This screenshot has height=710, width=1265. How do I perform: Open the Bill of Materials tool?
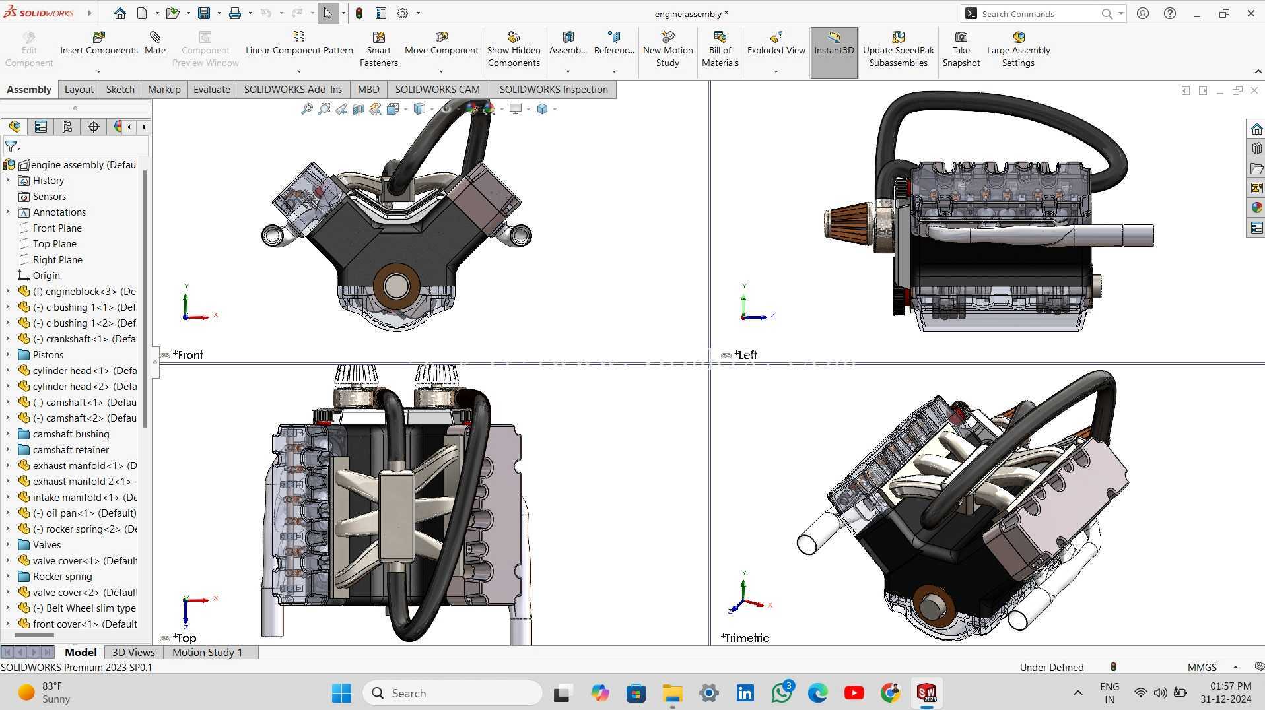(720, 49)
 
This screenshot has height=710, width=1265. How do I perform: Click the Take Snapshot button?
(961, 49)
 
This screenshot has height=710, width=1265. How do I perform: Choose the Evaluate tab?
(211, 89)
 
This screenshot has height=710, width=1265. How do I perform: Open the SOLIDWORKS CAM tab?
(437, 89)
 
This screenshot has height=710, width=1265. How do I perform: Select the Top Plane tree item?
(55, 243)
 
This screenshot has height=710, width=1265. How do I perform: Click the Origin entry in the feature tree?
(46, 275)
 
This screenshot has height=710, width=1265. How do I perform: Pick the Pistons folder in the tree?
(48, 354)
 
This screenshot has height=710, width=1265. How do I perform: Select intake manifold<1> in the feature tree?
(85, 497)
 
